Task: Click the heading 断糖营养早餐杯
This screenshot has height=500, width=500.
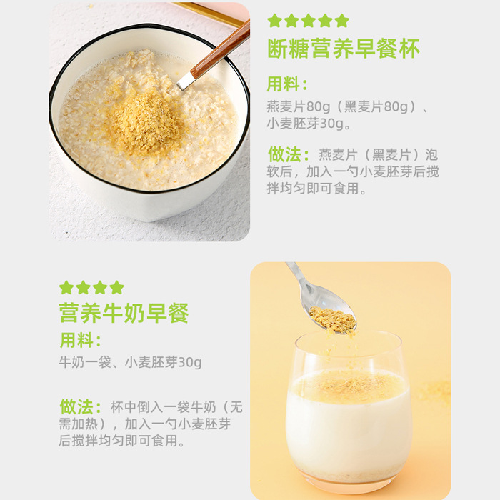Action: click(x=343, y=48)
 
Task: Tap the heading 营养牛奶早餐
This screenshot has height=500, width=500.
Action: click(x=124, y=313)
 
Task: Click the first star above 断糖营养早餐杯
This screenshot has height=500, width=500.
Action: click(x=274, y=20)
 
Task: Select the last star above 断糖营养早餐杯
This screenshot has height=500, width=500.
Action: click(x=342, y=20)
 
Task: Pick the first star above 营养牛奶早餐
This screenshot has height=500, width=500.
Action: click(x=66, y=287)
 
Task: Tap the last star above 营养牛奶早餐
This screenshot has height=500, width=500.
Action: click(x=116, y=287)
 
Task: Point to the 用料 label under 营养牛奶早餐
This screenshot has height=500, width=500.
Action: click(x=79, y=339)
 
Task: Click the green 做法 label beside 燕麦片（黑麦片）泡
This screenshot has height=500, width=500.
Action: click(x=289, y=154)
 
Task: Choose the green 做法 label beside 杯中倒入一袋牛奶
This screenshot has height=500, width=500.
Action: click(x=80, y=406)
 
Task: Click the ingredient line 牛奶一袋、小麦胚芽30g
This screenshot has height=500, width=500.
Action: click(x=130, y=362)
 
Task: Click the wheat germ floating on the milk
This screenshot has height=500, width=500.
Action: click(x=350, y=386)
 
